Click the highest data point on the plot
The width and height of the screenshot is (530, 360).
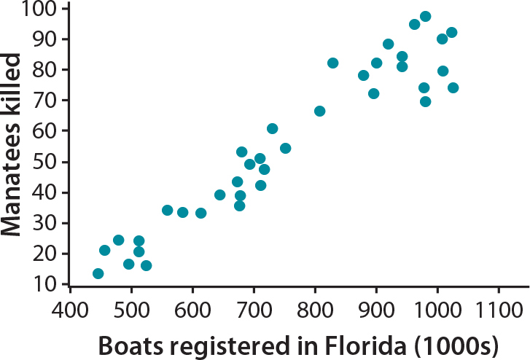[426, 16]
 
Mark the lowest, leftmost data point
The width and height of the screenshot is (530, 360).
[98, 273]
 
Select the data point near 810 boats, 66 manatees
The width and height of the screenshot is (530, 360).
[319, 111]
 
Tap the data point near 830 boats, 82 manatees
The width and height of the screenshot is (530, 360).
[333, 63]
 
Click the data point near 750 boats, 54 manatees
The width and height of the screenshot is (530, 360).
[285, 148]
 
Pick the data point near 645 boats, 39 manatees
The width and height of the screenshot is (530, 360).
[220, 195]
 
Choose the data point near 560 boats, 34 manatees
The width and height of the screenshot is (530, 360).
[168, 210]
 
